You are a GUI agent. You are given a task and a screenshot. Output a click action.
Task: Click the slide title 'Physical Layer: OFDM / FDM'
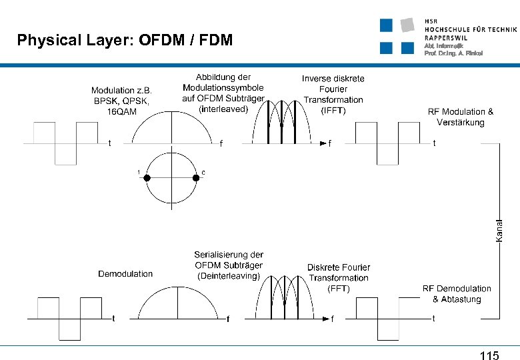[x=125, y=41]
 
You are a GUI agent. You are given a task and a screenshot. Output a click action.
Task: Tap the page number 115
[x=489, y=356]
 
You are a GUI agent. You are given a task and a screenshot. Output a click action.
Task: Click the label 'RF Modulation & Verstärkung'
[x=461, y=117]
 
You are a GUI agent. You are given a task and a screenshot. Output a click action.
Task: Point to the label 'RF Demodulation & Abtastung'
[x=457, y=294]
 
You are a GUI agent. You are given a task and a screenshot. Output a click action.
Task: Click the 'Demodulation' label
[x=125, y=273]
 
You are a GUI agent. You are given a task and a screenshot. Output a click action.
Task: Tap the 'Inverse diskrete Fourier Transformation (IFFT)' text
[x=333, y=94]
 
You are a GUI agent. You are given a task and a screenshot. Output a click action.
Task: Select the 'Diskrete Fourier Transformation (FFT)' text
[x=338, y=278]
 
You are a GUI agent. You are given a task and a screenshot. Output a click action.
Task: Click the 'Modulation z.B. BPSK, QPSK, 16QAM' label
[x=121, y=101]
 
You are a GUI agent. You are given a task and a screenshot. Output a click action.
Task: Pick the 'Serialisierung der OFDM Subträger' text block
[x=229, y=265]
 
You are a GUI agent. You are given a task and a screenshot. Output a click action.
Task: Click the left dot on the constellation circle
[x=147, y=178]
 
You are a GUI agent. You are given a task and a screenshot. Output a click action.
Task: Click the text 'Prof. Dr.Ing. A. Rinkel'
[x=453, y=53]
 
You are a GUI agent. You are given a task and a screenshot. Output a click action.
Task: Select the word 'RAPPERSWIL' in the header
[x=446, y=38]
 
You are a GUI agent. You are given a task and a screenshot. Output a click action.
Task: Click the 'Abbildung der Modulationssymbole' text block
[x=223, y=93]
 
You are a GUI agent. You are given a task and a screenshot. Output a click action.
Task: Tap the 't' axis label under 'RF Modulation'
[x=435, y=143]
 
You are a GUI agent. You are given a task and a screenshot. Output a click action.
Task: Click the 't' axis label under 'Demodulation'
[x=113, y=318]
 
